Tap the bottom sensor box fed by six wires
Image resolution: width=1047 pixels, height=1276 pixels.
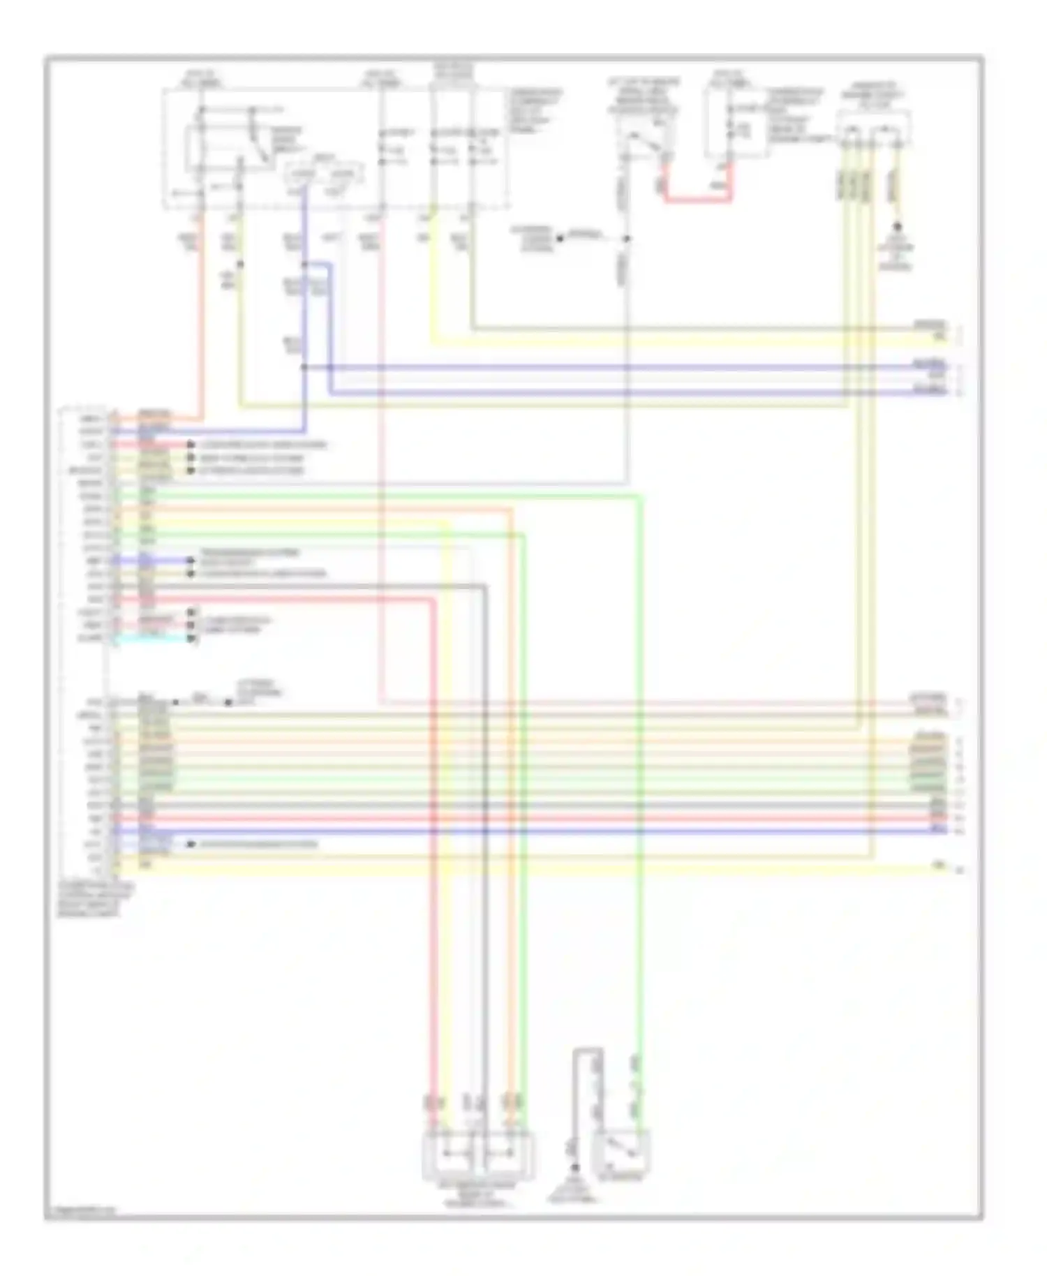point(478,1155)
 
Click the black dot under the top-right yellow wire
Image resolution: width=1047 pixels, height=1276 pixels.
point(898,227)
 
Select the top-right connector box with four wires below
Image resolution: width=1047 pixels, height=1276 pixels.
point(873,131)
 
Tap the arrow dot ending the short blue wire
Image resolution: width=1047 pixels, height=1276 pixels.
point(190,561)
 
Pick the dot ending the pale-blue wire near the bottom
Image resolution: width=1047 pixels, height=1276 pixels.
point(190,845)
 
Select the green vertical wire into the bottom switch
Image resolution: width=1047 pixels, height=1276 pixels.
point(639,838)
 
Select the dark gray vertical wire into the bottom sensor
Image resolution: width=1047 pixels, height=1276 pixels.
point(484,838)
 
